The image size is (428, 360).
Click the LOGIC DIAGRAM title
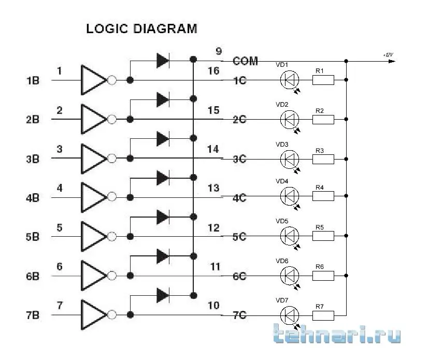tap(141, 28)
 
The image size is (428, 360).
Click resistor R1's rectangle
tap(323, 80)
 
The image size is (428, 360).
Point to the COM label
tap(245, 61)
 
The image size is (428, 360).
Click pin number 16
tap(213, 71)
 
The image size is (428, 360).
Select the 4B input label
tap(32, 198)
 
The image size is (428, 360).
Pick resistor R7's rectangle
tap(323, 314)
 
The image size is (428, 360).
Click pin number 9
tap(219, 51)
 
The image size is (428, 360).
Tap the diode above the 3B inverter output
tap(163, 139)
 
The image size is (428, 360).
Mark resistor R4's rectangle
tap(323, 196)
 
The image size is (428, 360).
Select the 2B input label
tap(32, 120)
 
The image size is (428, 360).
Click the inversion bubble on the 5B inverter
tap(111, 237)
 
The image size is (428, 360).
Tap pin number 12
tap(213, 228)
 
